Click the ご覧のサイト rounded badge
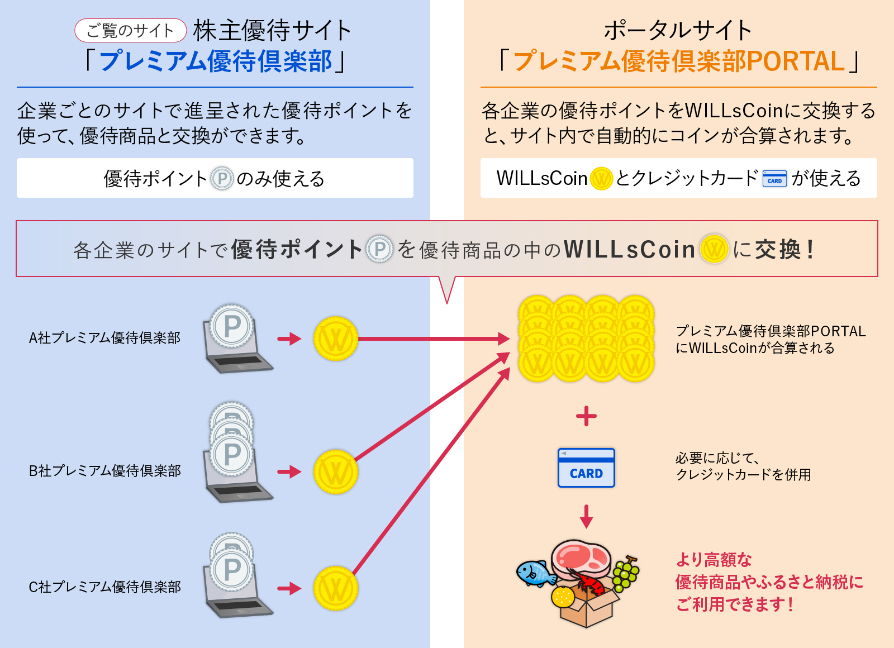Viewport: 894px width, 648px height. [x=130, y=31]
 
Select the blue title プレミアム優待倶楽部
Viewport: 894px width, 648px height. [x=215, y=61]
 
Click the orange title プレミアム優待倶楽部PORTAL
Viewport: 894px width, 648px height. [x=678, y=61]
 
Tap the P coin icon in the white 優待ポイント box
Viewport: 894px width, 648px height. [x=222, y=179]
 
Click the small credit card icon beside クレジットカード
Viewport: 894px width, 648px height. [x=774, y=179]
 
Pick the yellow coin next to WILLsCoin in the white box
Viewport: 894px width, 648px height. [x=601, y=179]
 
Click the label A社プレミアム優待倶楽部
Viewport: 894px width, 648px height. [x=104, y=338]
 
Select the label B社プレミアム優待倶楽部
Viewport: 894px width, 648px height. [x=104, y=471]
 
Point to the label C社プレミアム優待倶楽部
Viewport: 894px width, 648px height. [x=104, y=587]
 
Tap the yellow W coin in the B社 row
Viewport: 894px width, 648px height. [x=335, y=472]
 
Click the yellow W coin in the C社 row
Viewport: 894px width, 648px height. [x=335, y=588]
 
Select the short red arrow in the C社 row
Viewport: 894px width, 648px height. [x=289, y=588]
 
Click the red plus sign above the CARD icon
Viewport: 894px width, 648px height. [x=586, y=416]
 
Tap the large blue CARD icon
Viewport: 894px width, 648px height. [x=586, y=468]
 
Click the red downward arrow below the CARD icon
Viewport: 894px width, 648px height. [x=586, y=517]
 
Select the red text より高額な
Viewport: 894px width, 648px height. [x=714, y=560]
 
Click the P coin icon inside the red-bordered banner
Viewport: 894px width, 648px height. [x=380, y=249]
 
